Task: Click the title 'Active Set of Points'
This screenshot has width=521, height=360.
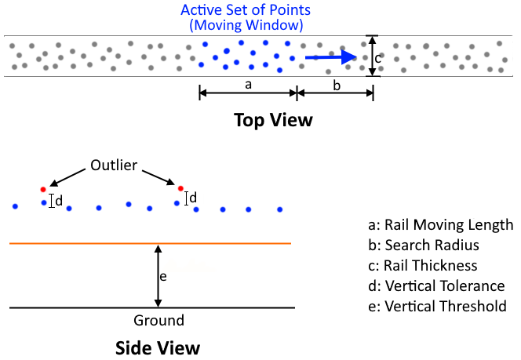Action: pyautogui.click(x=246, y=10)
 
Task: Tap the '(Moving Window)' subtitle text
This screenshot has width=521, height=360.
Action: pyautogui.click(x=246, y=25)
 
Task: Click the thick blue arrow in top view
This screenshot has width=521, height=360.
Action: pyautogui.click(x=330, y=56)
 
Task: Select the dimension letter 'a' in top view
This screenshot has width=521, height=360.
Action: pyautogui.click(x=248, y=85)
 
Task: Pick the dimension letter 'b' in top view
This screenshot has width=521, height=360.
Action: pyautogui.click(x=336, y=85)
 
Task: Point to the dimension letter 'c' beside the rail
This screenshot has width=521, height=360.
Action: pyautogui.click(x=377, y=57)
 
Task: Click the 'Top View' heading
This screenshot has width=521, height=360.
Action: pyautogui.click(x=273, y=120)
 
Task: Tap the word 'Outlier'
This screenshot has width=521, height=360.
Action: pyautogui.click(x=114, y=165)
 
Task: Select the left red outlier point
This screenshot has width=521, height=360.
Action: pyautogui.click(x=43, y=189)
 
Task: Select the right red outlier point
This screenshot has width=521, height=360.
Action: pyautogui.click(x=180, y=188)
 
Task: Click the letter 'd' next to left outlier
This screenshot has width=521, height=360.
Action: pyautogui.click(x=59, y=201)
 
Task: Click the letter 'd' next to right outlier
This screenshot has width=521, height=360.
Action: pyautogui.click(x=193, y=198)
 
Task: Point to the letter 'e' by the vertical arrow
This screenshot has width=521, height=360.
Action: pyautogui.click(x=162, y=276)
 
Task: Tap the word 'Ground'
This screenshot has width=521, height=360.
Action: pyautogui.click(x=159, y=320)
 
